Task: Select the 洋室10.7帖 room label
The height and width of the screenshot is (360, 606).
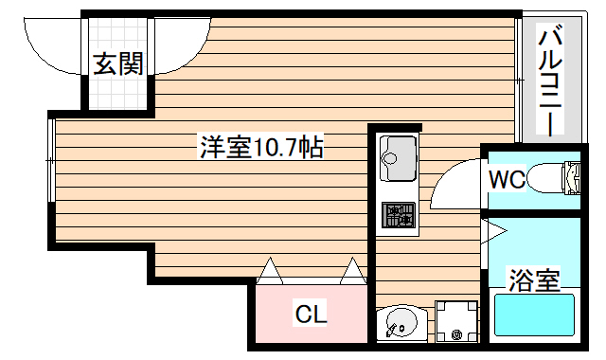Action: coord(260,147)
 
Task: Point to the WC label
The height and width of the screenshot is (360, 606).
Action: coord(507,178)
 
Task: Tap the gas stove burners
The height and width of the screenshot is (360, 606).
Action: coord(399,216)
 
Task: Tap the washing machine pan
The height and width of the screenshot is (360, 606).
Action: coord(455,321)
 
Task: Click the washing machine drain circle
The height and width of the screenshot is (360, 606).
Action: coord(456,334)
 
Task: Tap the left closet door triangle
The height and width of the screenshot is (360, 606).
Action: coord(268,271)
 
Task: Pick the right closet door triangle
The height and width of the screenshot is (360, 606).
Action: coord(352,271)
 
